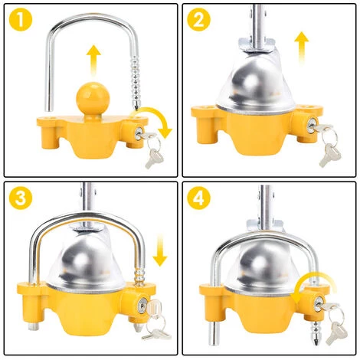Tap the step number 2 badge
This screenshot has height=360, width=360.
pos(198,19)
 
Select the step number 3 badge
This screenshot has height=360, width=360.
pos(21,198)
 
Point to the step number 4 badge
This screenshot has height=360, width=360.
pos(198,198)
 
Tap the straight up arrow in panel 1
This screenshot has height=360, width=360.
pos(93,61)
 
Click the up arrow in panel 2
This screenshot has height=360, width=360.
pos(302,47)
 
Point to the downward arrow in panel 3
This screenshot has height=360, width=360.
pos(160,250)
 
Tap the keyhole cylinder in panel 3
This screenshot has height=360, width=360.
pos(142,304)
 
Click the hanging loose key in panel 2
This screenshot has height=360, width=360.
pos(328,155)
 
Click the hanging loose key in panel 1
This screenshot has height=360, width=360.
pos(152,159)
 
